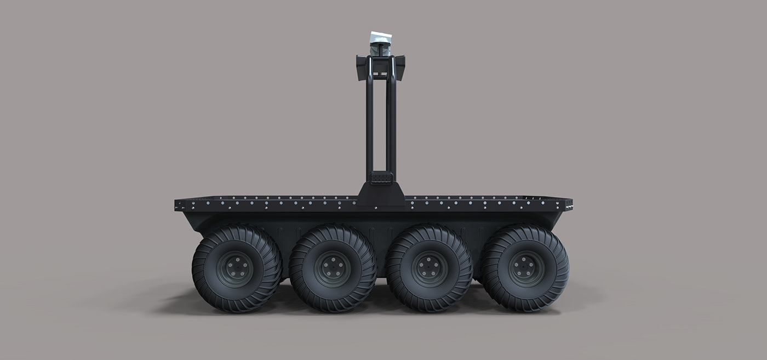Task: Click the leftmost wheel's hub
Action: tap(236, 268)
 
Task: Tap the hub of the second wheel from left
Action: tap(333, 268)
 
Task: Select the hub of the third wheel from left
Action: tap(430, 268)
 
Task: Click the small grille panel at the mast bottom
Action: tap(380, 178)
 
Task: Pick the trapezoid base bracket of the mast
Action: tap(381, 195)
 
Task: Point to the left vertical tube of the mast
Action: tap(370, 126)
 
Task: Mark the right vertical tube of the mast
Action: tap(391, 126)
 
